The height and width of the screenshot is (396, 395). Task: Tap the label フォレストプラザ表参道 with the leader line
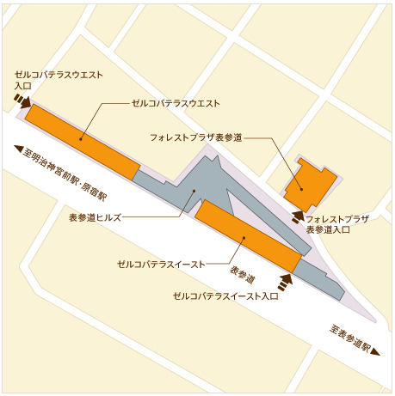[195, 137]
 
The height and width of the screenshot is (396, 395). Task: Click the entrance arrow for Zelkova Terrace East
[285, 278]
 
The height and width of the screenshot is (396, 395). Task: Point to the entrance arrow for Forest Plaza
[298, 216]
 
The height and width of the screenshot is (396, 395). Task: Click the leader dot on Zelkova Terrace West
[83, 137]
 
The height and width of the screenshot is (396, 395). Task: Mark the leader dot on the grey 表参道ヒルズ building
[194, 192]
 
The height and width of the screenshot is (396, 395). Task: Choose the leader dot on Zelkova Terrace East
[244, 238]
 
